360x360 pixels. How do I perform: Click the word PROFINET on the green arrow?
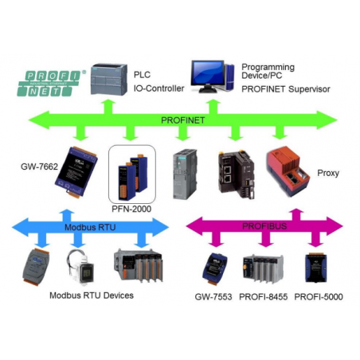pyautogui.click(x=182, y=119)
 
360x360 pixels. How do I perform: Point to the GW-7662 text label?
pyautogui.click(x=38, y=168)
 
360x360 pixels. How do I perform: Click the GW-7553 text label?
pyautogui.click(x=213, y=295)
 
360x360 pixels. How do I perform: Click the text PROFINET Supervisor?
pyautogui.click(x=286, y=89)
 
